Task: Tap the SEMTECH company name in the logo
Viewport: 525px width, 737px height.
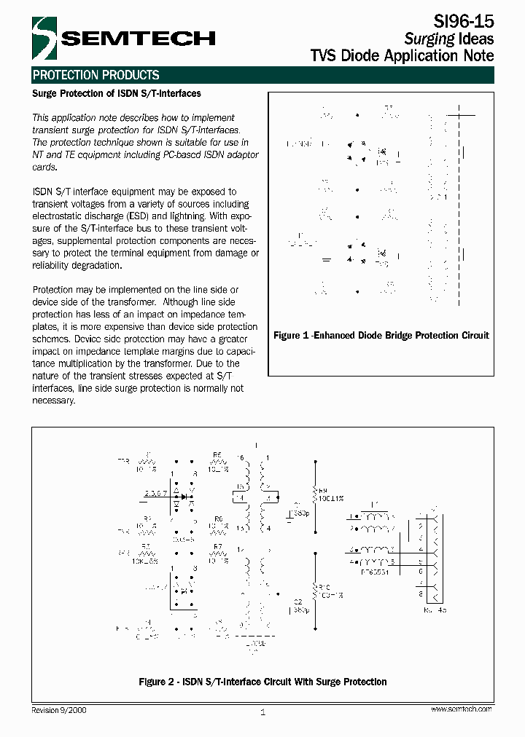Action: [136, 38]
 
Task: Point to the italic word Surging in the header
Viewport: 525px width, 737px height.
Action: [429, 39]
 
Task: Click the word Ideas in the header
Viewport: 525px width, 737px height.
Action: [476, 39]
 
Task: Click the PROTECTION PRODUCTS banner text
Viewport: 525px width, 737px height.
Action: [96, 75]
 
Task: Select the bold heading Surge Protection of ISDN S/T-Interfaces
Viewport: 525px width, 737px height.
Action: [117, 94]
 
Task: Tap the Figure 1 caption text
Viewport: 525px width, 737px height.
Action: [381, 336]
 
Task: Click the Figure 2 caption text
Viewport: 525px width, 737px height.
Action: [262, 682]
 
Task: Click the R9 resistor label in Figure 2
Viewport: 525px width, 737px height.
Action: [324, 490]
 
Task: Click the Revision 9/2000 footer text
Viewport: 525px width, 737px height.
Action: [60, 709]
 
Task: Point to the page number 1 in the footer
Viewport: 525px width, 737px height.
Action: [262, 712]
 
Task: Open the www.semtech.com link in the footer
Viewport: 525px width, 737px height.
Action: [461, 709]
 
